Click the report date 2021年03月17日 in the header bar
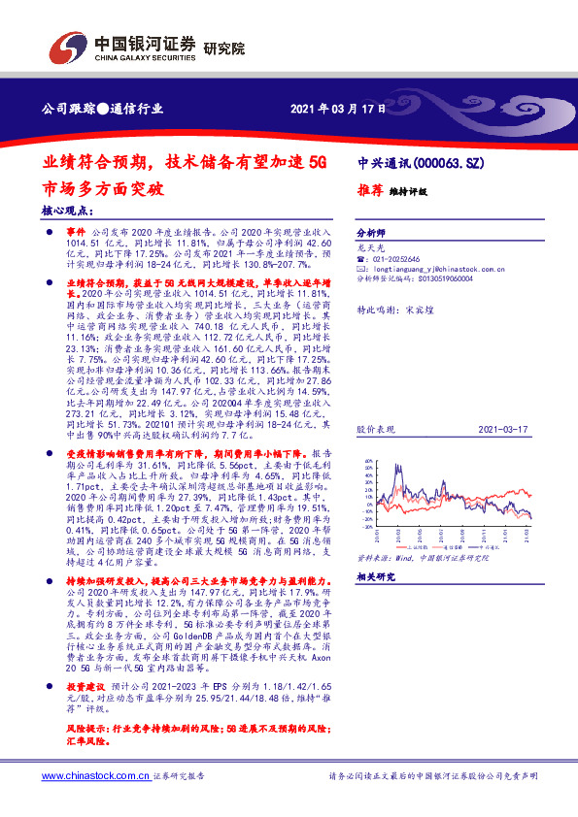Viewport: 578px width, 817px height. [331, 108]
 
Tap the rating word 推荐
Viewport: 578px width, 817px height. [369, 191]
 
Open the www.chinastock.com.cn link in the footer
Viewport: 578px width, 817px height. [96, 776]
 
